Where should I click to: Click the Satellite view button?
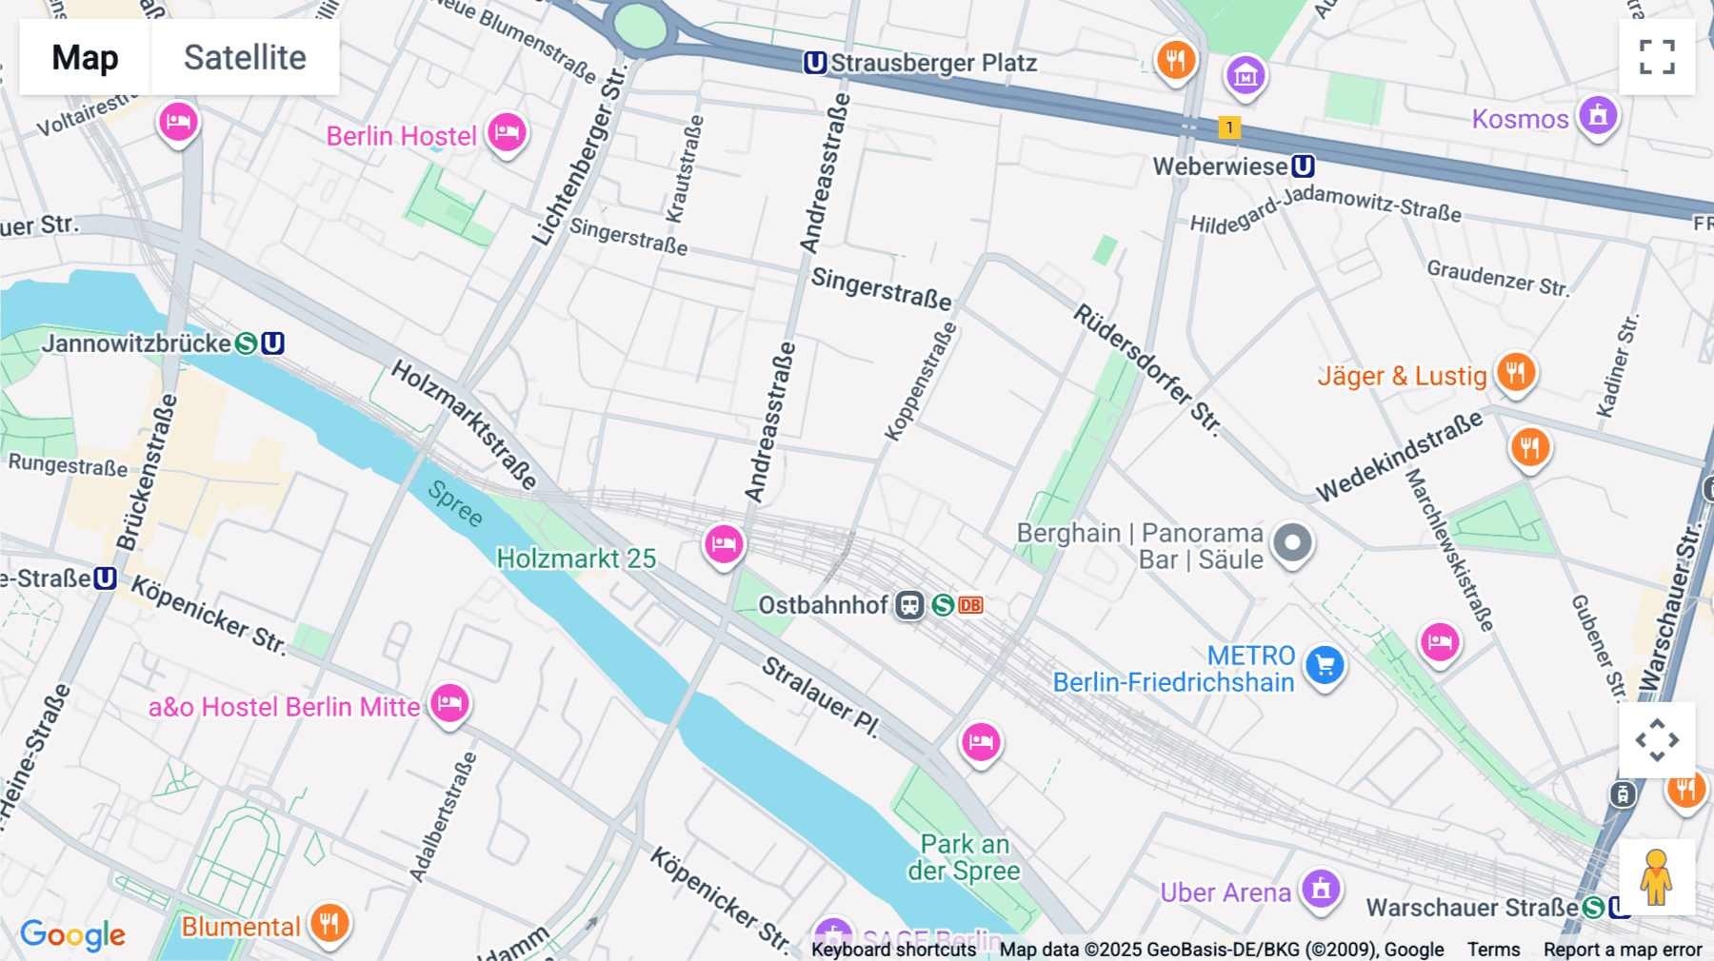(x=245, y=57)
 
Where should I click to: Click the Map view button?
(x=85, y=57)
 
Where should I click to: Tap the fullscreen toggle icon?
(x=1657, y=57)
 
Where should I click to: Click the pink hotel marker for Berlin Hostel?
(x=507, y=132)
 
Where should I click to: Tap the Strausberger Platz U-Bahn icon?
(x=815, y=63)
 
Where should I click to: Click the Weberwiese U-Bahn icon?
(x=1303, y=167)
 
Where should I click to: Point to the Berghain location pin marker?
(x=1292, y=543)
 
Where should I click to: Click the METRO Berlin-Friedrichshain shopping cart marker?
(x=1325, y=665)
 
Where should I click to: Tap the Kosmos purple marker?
(x=1598, y=116)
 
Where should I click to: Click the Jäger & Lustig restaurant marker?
(x=1515, y=372)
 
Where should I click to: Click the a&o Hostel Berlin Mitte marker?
(x=449, y=704)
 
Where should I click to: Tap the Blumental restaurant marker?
(x=329, y=923)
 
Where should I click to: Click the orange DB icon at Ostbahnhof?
(x=970, y=605)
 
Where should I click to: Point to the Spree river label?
(x=455, y=503)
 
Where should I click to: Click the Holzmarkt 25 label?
(x=576, y=559)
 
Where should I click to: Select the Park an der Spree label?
(x=964, y=857)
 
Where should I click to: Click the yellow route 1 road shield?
(x=1229, y=127)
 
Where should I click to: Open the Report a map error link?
(x=1622, y=949)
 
